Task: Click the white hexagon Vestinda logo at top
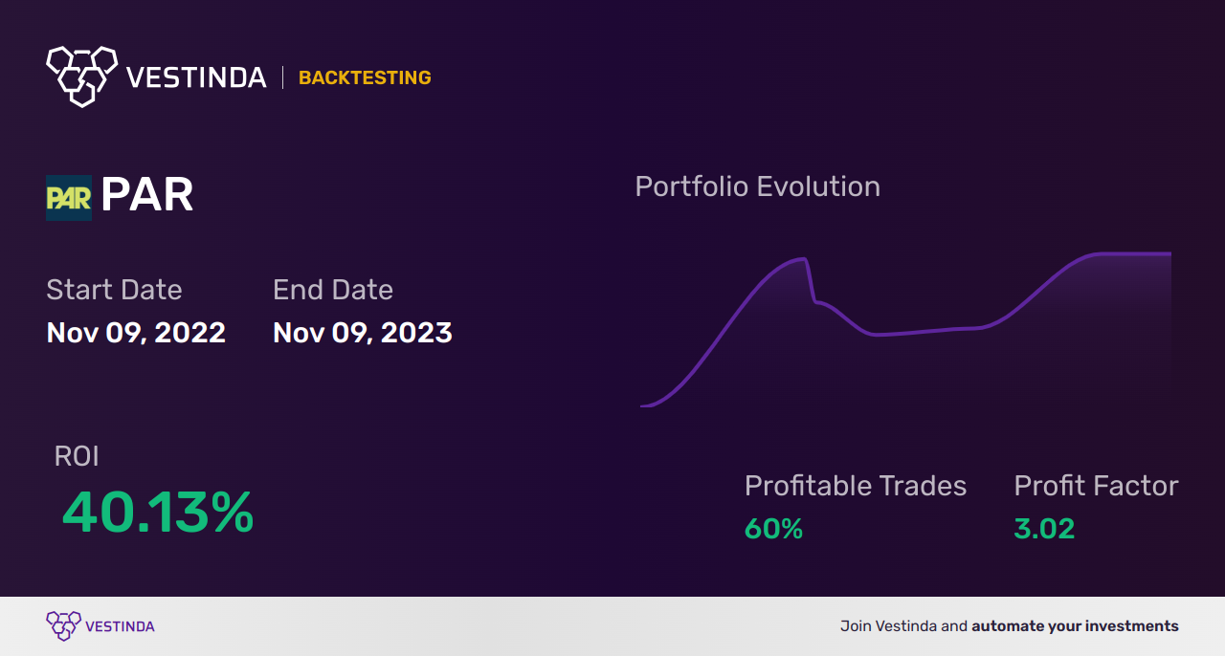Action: (82, 77)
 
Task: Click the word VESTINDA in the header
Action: (196, 77)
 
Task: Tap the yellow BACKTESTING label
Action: (365, 77)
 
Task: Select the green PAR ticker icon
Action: (69, 198)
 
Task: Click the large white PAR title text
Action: (147, 194)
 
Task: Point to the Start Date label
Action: (114, 289)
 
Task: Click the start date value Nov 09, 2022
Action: (136, 333)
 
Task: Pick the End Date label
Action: (333, 289)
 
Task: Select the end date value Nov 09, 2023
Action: (363, 333)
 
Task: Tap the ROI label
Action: (77, 456)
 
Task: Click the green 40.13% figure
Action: (158, 513)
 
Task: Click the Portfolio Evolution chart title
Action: (757, 187)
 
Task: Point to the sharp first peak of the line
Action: (805, 258)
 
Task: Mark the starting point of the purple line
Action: (641, 406)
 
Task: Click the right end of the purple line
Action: (1170, 253)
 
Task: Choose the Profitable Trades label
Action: (856, 486)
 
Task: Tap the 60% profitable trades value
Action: (773, 529)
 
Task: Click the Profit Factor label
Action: (1096, 486)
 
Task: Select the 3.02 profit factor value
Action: (1044, 529)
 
